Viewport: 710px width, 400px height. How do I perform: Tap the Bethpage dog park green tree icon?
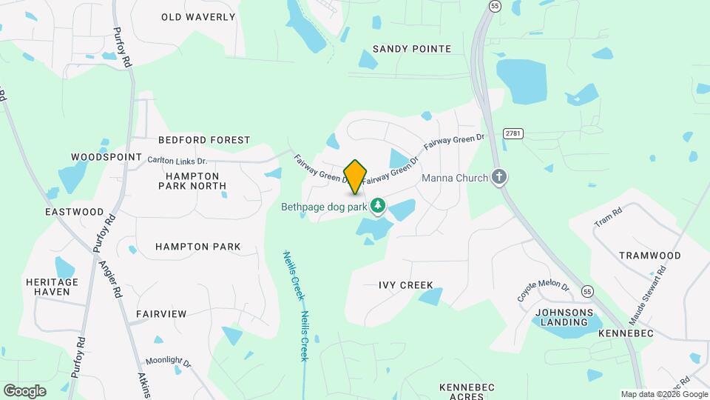coord(378,204)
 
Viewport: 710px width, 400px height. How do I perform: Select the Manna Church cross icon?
coord(500,177)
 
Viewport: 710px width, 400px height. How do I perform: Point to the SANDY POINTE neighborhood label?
coord(412,49)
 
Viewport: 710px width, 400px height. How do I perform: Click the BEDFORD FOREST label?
coord(204,139)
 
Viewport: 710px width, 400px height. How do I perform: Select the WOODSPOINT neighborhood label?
coord(106,157)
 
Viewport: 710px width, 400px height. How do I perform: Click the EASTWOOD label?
coord(74,211)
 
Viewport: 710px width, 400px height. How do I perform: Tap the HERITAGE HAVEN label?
coord(52,287)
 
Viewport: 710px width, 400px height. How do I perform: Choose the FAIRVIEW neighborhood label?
coord(161,314)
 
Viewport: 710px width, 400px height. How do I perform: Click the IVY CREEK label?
coord(405,285)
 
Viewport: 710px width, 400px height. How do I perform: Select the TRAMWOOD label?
coord(650,256)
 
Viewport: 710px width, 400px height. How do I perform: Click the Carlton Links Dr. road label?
coord(177,160)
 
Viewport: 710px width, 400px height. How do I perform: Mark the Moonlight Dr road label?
coord(168,363)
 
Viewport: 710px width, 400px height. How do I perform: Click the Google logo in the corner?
coord(24,391)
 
